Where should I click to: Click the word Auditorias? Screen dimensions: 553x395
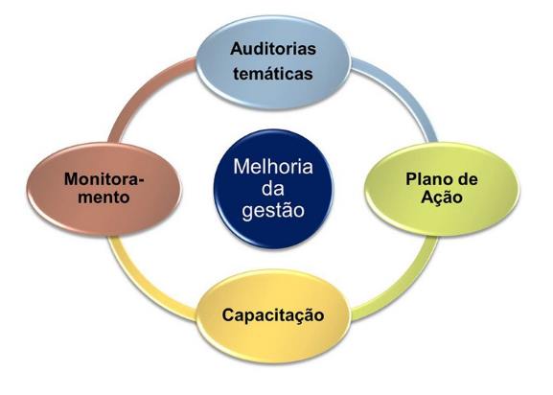coord(273,49)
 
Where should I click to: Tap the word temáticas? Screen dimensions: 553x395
coord(273,74)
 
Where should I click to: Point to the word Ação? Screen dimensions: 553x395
coord(442,197)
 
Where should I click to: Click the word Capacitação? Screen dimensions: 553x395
coord(273,315)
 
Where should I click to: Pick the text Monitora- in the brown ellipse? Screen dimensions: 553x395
coord(104,179)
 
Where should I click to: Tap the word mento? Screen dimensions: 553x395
coord(104,197)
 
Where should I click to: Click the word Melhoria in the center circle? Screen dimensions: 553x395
coord(273,167)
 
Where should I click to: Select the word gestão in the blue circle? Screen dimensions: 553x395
coord(273,211)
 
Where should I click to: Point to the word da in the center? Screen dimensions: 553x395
coord(273,189)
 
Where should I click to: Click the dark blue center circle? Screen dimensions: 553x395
coord(273,189)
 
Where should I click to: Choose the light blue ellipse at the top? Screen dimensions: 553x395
coord(273,62)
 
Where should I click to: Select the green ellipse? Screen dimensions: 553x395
coord(442,189)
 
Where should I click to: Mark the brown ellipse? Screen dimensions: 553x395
coord(104,189)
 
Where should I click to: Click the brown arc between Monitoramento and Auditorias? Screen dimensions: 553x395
coord(142,90)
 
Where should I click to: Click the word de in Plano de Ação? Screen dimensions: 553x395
coord(468,179)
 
